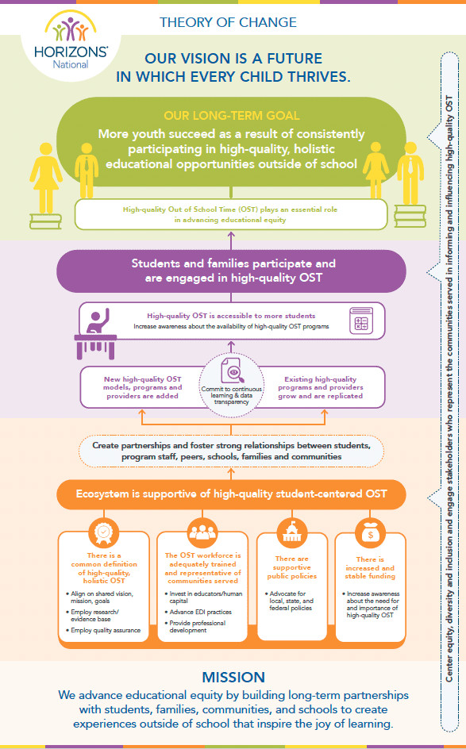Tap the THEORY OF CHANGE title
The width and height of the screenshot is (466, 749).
point(228,22)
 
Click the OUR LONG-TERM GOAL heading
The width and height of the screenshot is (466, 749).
point(231,116)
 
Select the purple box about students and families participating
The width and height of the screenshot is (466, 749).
point(231,271)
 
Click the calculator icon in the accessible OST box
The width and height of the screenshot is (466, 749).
point(361,320)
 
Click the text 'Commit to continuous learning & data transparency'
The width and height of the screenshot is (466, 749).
point(231,395)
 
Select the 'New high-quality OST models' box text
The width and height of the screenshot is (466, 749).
point(142,387)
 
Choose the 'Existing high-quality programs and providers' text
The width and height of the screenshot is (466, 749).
point(320,387)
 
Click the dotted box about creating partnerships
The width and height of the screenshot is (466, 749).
point(231,451)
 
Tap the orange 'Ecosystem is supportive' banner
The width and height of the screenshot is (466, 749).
point(231,494)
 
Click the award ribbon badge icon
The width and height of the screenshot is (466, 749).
point(104,532)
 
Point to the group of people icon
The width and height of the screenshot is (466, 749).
point(202,532)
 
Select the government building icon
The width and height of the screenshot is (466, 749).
point(291,532)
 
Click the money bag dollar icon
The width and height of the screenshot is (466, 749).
point(371,532)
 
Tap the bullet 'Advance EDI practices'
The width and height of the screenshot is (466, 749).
point(200,612)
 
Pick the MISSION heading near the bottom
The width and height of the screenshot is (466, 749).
point(233,677)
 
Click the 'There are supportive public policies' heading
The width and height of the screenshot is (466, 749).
point(291,567)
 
